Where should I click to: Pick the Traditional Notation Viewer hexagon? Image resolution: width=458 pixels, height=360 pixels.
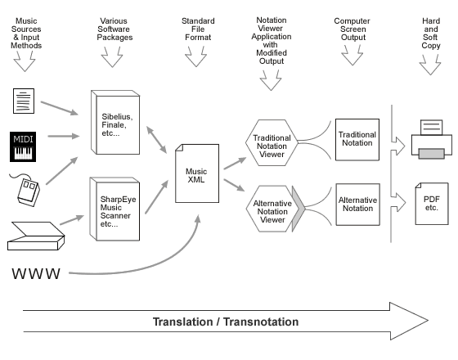[x=271, y=140]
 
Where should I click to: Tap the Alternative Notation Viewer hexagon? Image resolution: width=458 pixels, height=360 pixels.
[x=271, y=209]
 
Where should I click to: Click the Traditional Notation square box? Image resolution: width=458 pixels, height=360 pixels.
[x=356, y=138]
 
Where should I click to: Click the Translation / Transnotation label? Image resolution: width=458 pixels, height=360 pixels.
[x=225, y=322]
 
